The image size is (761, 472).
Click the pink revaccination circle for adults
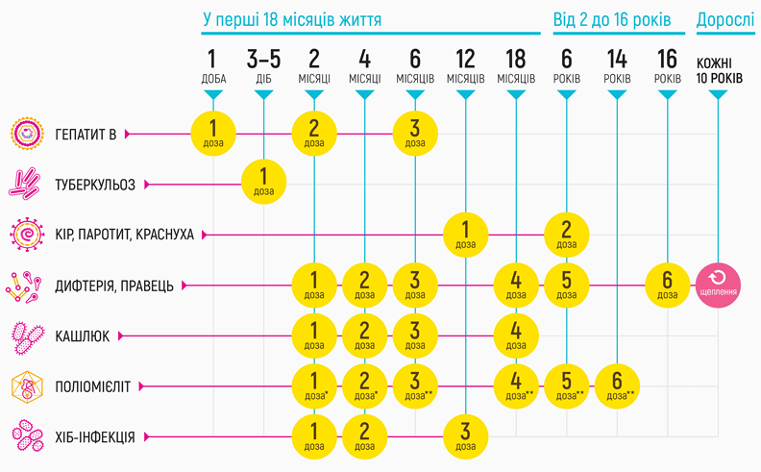point(719,285)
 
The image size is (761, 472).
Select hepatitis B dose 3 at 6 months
point(415,133)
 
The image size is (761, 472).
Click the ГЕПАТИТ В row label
point(86,134)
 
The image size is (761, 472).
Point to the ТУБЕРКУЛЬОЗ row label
point(95,184)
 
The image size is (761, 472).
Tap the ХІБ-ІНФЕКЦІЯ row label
point(94,436)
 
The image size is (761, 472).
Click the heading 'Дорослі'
point(726,19)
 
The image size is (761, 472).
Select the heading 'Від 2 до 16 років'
point(615,19)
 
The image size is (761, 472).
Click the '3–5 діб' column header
point(264,65)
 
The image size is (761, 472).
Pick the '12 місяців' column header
point(465,65)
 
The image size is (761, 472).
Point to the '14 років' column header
point(617,65)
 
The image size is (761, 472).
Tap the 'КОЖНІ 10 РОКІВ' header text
point(719,69)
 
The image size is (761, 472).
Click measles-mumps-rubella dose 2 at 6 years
point(567,234)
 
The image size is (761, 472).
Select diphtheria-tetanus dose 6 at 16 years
point(667,285)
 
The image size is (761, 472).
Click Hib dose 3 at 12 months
point(465,436)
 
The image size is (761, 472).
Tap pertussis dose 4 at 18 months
point(516,335)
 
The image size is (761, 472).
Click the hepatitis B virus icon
point(29,134)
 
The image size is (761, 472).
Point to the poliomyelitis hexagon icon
point(28,386)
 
